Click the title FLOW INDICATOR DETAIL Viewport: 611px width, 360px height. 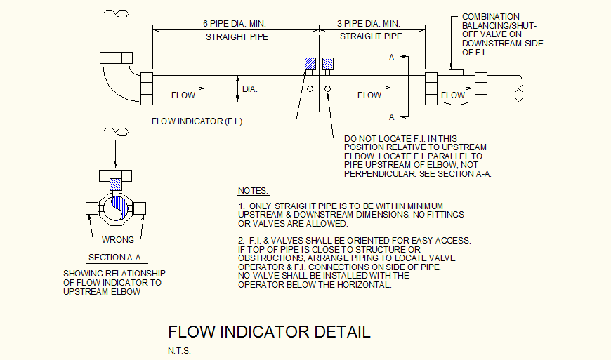pyautogui.click(x=269, y=331)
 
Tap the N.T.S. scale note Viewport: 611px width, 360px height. pyautogui.click(x=179, y=350)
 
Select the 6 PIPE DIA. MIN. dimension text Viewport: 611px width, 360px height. pyautogui.click(x=238, y=23)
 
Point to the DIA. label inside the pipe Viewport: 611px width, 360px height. pyautogui.click(x=250, y=89)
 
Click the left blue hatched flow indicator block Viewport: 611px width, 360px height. pyautogui.click(x=310, y=65)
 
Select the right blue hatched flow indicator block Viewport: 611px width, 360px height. pyautogui.click(x=328, y=65)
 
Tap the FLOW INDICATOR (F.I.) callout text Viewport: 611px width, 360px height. pyautogui.click(x=197, y=121)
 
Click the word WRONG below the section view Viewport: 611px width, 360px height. pyautogui.click(x=117, y=239)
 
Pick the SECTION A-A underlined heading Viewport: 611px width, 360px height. pyautogui.click(x=114, y=258)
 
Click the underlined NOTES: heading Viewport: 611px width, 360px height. pyautogui.click(x=254, y=190)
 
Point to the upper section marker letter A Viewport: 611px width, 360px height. pyautogui.click(x=391, y=58)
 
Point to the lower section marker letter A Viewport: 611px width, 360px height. pyautogui.click(x=391, y=116)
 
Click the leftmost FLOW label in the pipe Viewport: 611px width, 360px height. pyautogui.click(x=183, y=95)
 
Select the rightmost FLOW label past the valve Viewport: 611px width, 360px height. pyautogui.click(x=453, y=95)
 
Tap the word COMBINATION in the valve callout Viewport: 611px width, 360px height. pyautogui.click(x=491, y=16)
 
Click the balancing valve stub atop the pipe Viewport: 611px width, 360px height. pyautogui.click(x=456, y=71)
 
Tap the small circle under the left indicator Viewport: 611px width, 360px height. pyautogui.click(x=310, y=88)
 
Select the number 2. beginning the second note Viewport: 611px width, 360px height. pyautogui.click(x=241, y=240)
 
